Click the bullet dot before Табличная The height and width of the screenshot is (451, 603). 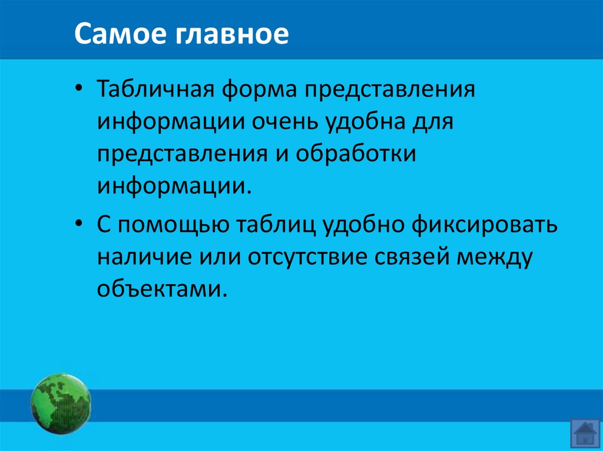point(79,93)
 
